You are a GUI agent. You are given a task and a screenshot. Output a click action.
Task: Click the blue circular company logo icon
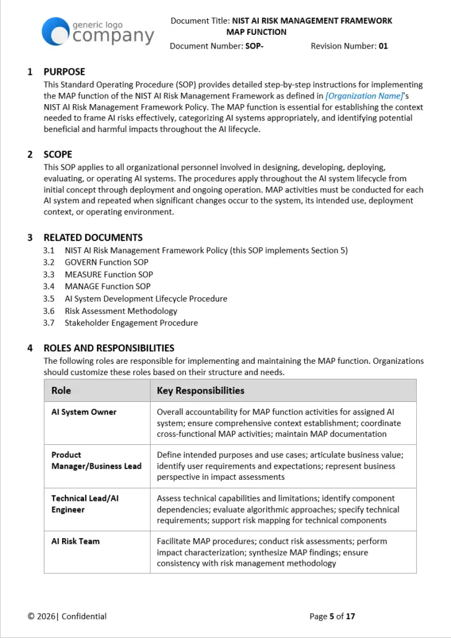55,32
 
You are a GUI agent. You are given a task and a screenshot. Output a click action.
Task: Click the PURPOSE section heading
64,72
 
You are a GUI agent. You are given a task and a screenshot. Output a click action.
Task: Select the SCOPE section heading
58,155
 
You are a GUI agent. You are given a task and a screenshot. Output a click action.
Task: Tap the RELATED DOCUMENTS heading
93,237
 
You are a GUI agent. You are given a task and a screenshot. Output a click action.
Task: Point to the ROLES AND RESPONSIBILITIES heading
109,348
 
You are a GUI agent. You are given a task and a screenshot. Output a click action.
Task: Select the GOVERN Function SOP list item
106,262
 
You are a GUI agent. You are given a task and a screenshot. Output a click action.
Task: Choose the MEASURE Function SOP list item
108,274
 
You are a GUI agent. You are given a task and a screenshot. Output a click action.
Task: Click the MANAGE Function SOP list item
108,287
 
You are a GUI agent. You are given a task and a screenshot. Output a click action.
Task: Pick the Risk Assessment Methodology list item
121,311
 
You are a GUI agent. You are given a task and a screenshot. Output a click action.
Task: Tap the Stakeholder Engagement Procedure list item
131,323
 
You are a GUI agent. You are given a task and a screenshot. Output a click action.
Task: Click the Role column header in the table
61,391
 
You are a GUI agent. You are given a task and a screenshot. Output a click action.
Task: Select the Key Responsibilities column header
200,391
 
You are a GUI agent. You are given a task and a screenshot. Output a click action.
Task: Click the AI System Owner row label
84,412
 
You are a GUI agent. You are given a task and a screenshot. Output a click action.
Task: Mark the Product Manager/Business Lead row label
96,460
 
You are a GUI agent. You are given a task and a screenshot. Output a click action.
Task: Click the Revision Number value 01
383,46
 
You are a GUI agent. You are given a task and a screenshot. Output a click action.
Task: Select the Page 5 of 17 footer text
332,616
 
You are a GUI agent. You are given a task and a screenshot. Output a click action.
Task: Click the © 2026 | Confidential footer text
67,616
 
